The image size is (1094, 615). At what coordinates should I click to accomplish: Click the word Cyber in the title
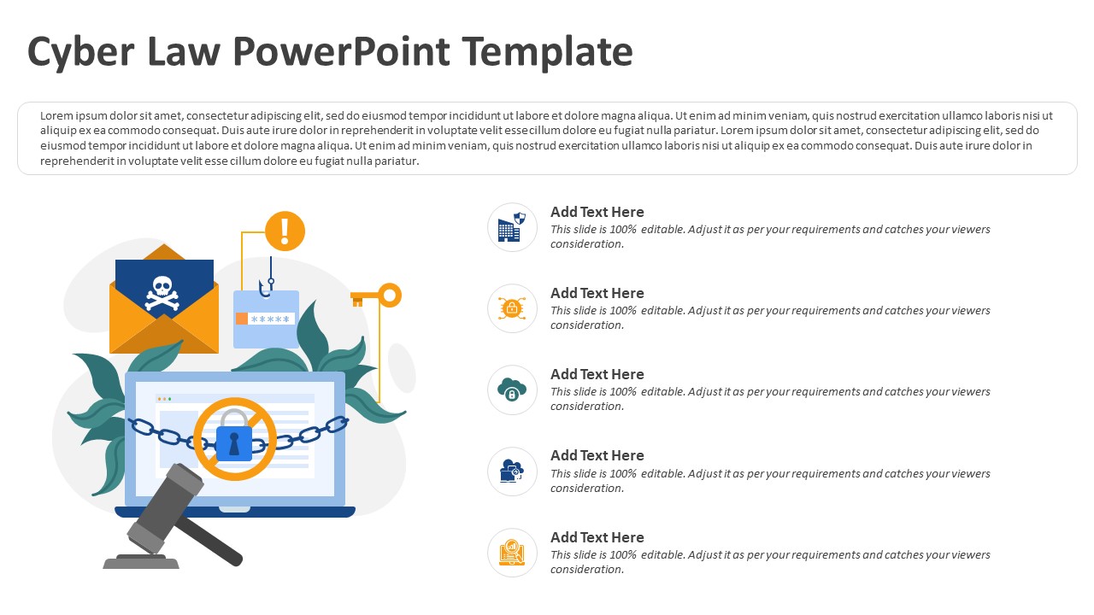pyautogui.click(x=81, y=53)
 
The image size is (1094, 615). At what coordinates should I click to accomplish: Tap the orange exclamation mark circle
pyautogui.click(x=285, y=231)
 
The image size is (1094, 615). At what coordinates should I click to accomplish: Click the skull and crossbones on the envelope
pyautogui.click(x=162, y=293)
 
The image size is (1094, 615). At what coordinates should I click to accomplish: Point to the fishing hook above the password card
pyautogui.click(x=267, y=278)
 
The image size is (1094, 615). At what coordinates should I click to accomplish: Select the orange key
pyautogui.click(x=376, y=296)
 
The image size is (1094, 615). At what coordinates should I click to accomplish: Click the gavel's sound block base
pyautogui.click(x=141, y=561)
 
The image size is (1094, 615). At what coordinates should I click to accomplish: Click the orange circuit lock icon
pyautogui.click(x=512, y=308)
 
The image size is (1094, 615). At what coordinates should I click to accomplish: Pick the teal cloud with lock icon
pyautogui.click(x=512, y=389)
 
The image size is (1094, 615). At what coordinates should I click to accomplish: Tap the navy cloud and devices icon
pyautogui.click(x=512, y=471)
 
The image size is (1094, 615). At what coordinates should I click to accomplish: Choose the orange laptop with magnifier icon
pyautogui.click(x=512, y=553)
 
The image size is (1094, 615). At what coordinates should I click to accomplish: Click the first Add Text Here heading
pyautogui.click(x=597, y=212)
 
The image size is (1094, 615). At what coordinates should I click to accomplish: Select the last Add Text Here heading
pyautogui.click(x=597, y=537)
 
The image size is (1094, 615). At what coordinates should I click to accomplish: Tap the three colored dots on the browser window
pyautogui.click(x=164, y=399)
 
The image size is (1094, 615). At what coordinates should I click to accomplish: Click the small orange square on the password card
pyautogui.click(x=242, y=319)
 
